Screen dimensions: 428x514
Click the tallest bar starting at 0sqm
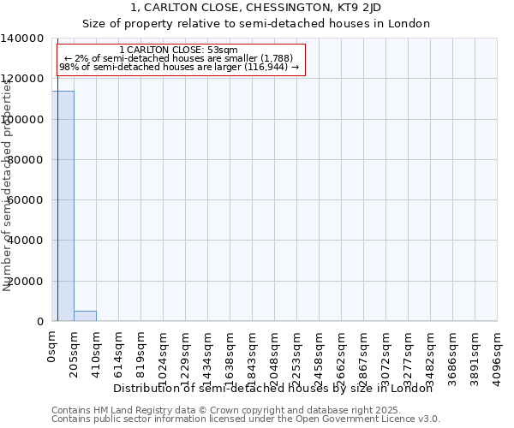[x=63, y=205]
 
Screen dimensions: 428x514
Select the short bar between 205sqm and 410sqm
[x=85, y=316]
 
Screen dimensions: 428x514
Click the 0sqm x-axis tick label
[x=52, y=347]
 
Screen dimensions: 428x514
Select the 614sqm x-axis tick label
[x=119, y=350]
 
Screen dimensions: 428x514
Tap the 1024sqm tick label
[x=164, y=353]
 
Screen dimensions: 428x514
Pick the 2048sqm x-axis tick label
[x=275, y=353]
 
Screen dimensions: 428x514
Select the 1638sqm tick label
[x=230, y=353]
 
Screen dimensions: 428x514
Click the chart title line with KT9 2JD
[x=256, y=8]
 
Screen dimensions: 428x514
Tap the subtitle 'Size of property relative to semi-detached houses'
[x=256, y=23]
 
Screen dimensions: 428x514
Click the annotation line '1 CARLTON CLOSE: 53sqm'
[x=179, y=51]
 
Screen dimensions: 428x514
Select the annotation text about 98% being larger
[x=179, y=67]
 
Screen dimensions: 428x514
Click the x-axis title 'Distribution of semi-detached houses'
[x=273, y=388]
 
